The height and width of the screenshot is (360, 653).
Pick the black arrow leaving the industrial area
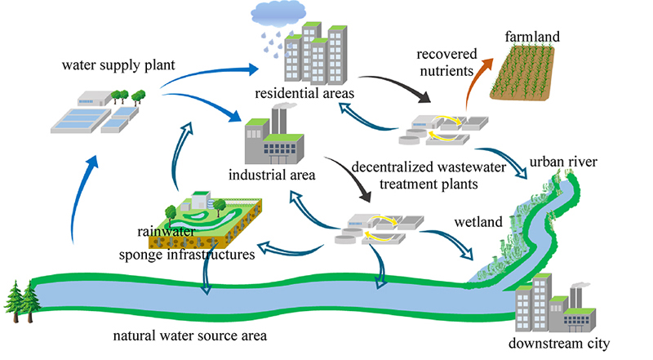(x=347, y=177)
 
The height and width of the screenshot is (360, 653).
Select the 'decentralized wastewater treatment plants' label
(x=414, y=176)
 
